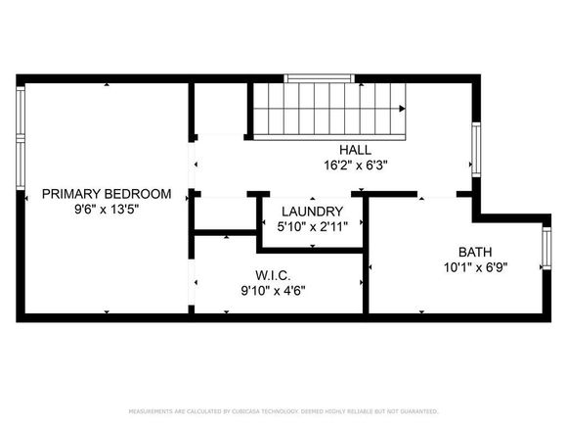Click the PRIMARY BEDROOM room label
107,194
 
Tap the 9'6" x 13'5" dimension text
107,210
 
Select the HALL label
355,150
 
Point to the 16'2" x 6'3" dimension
356,166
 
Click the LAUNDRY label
313,212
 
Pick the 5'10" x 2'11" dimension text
313,227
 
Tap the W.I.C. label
273,275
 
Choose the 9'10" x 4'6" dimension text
273,291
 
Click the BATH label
475,252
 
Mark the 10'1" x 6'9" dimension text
475,267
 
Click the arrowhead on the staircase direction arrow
402,109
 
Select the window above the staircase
320,78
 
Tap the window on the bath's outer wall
546,248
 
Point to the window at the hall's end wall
476,150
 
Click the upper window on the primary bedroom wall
21,111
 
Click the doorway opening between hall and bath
437,195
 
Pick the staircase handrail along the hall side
329,137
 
